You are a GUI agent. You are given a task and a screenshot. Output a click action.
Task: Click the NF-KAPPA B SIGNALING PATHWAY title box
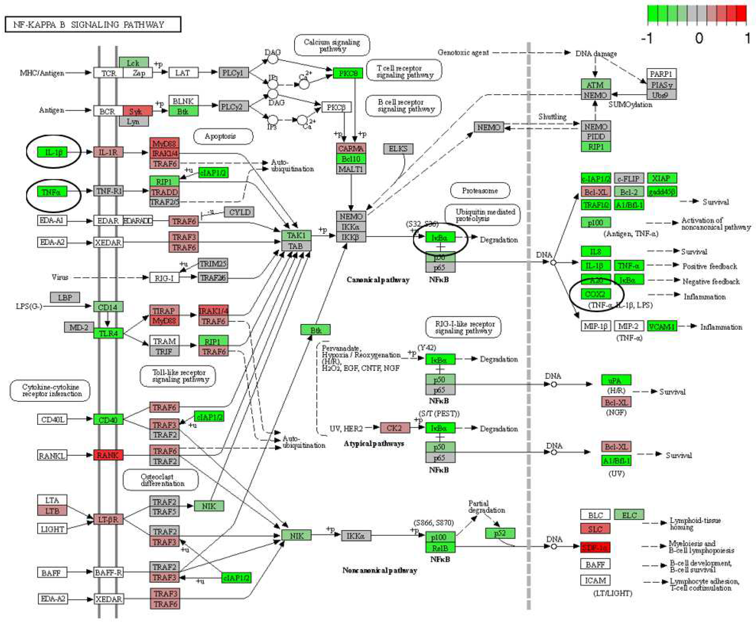click(x=93, y=25)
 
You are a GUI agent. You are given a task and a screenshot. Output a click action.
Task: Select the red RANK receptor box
click(x=108, y=455)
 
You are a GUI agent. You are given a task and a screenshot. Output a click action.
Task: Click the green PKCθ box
click(x=348, y=73)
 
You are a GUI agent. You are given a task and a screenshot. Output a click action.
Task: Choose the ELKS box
click(x=398, y=148)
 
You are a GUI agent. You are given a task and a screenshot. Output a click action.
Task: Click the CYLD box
click(x=239, y=212)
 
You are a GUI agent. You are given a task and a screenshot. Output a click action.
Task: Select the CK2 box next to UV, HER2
click(x=394, y=428)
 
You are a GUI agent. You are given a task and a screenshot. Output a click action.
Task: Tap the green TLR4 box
click(x=108, y=333)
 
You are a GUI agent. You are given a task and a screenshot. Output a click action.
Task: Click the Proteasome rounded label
click(x=480, y=190)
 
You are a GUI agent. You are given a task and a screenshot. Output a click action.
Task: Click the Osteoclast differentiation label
click(x=160, y=480)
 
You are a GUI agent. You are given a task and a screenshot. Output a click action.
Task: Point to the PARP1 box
click(x=661, y=74)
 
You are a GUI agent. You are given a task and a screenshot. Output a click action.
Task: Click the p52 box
click(x=500, y=533)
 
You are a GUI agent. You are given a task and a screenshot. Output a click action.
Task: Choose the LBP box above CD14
click(x=65, y=297)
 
